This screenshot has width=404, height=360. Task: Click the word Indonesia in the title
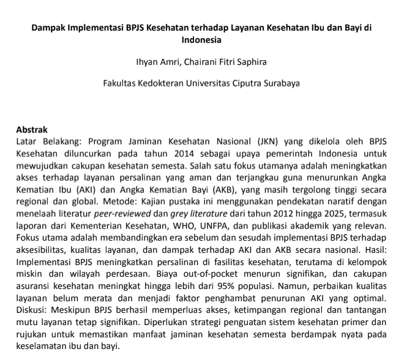coord(201,40)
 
